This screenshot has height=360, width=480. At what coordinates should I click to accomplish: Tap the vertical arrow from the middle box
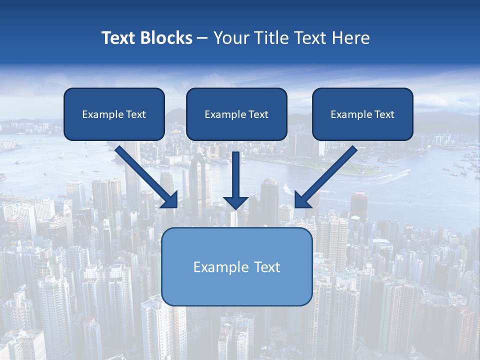tap(236, 175)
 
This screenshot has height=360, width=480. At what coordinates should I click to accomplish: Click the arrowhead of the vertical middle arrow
tap(236, 202)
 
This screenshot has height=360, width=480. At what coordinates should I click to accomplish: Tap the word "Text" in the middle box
tap(258, 114)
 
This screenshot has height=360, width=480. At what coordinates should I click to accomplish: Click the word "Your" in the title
tap(231, 38)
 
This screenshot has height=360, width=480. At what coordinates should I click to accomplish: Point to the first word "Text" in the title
tap(119, 38)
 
